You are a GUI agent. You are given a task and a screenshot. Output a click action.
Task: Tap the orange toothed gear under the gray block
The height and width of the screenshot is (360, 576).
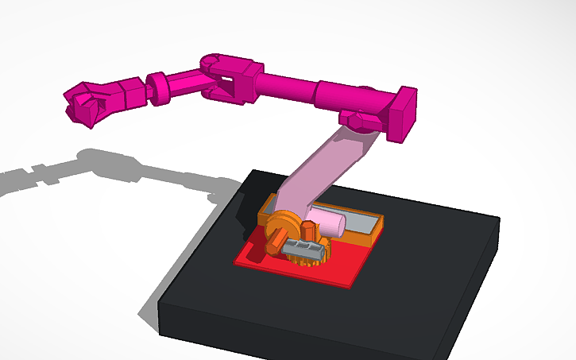[303, 259]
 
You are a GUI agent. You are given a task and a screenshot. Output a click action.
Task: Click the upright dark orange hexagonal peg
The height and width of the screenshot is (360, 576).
[308, 231]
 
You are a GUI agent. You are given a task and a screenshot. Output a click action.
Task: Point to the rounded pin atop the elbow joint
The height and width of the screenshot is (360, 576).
[211, 60]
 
